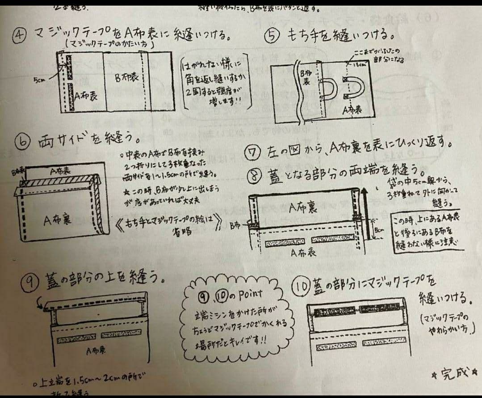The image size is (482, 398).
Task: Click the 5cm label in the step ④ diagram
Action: [x=39, y=80]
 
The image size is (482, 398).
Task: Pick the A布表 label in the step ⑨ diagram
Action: [x=96, y=350]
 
